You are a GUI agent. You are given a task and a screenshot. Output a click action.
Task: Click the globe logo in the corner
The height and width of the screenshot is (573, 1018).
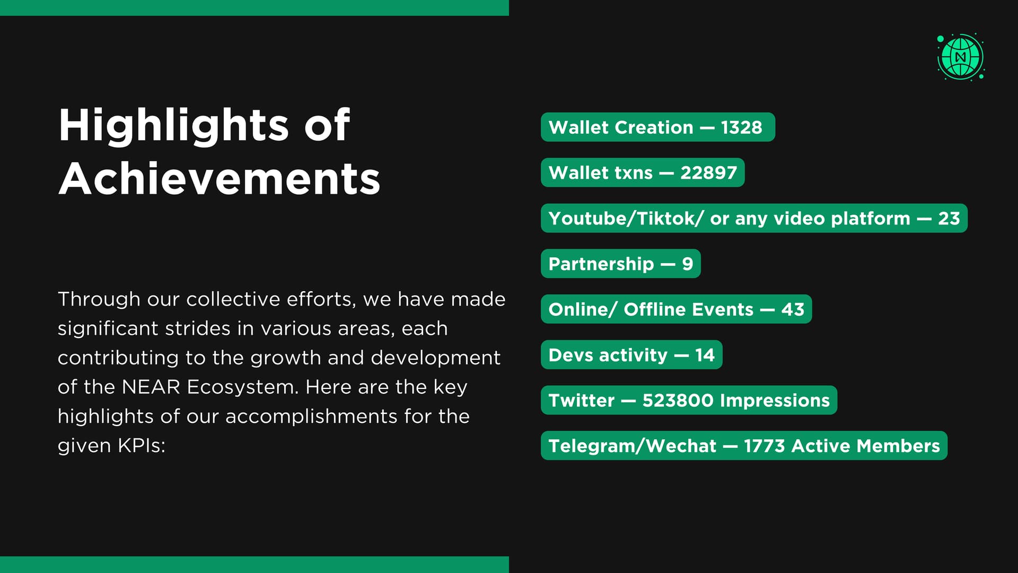(x=961, y=57)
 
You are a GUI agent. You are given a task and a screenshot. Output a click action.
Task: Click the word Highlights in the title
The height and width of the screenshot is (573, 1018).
(x=174, y=126)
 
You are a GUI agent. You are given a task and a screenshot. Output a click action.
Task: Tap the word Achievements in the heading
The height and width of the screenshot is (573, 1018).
(x=220, y=179)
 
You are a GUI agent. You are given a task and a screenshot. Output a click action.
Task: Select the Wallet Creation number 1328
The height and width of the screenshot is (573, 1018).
(x=741, y=127)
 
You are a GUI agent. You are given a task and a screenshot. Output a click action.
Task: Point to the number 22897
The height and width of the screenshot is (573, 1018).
(x=708, y=173)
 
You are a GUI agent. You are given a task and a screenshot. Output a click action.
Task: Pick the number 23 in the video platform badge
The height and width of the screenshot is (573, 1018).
(x=949, y=219)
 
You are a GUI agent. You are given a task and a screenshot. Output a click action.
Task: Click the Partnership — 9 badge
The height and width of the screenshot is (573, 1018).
(x=621, y=264)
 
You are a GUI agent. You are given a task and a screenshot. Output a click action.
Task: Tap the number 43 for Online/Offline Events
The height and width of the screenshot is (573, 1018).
(x=793, y=309)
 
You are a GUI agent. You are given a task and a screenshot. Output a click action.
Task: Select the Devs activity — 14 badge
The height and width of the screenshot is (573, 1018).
(x=631, y=355)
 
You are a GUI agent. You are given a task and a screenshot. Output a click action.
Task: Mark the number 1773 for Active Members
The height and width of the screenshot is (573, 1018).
(x=764, y=446)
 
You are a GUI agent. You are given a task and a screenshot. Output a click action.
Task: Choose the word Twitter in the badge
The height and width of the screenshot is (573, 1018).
(x=582, y=401)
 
